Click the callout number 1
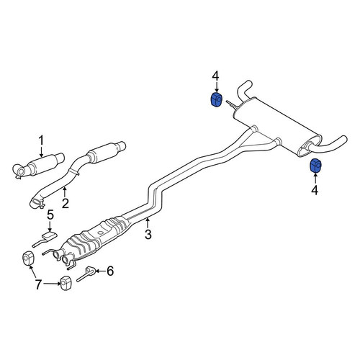42,140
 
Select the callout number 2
65,203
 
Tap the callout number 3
148,234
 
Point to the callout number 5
50,215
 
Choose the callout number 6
110,271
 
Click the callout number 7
38,284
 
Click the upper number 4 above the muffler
215,76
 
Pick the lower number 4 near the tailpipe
315,190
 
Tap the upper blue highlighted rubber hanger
216,99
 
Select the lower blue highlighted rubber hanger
315,166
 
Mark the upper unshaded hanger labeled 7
28,258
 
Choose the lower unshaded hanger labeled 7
66,284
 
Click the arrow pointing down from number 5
50,227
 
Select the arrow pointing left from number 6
100,271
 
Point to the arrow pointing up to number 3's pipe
148,222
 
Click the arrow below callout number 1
42,152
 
